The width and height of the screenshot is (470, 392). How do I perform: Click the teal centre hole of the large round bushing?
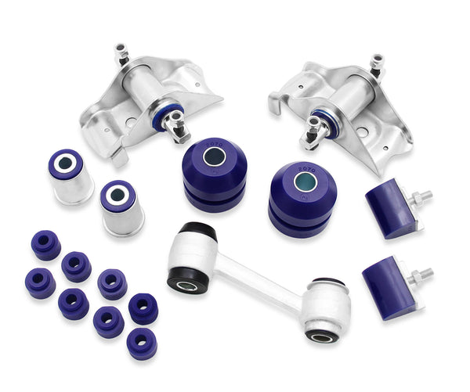tap(305, 182)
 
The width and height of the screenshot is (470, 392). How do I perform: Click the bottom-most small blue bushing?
tap(142, 342)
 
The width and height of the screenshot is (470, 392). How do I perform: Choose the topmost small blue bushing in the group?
tap(46, 244)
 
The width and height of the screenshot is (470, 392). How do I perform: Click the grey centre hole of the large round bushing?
tap(212, 156)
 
